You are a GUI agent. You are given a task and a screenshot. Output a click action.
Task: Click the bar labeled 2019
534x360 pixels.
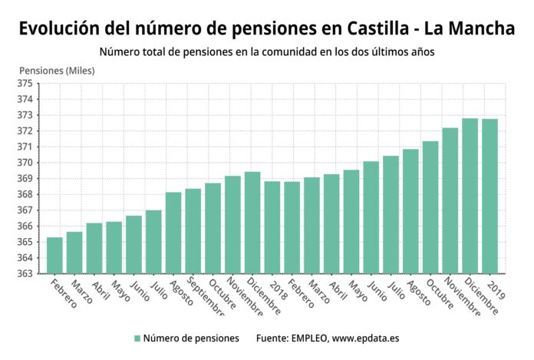coord(489,197)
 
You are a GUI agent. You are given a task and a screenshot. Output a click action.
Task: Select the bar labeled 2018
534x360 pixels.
coord(272,227)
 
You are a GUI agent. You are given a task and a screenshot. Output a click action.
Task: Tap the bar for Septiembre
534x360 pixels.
coord(193,231)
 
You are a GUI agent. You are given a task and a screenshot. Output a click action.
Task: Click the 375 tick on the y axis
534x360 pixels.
coord(25,83)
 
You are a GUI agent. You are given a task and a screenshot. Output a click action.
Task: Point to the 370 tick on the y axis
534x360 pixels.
coord(25,163)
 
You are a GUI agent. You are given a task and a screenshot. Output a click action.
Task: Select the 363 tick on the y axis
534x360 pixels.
coord(25,273)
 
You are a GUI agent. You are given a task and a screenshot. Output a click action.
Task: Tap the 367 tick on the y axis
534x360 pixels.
coord(25,210)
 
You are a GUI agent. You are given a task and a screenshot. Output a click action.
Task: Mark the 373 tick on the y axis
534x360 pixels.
coord(25,115)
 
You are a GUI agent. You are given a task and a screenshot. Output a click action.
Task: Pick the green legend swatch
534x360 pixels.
coord(137,338)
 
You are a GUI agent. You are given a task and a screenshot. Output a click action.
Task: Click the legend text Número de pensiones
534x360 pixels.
coord(191,338)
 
